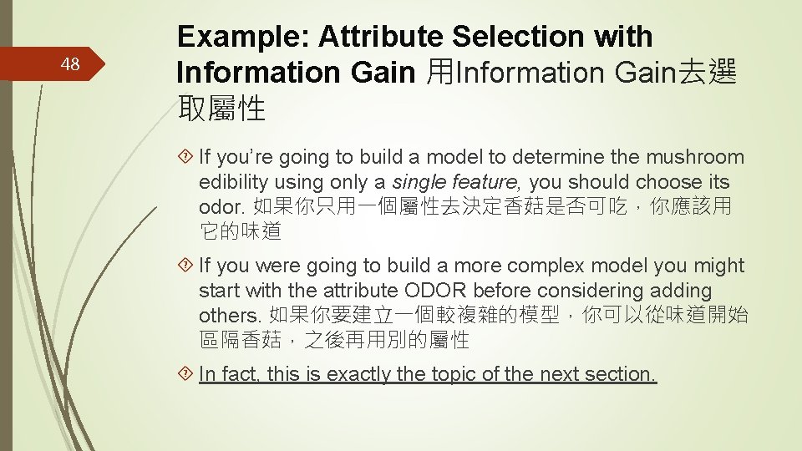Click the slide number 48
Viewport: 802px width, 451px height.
(71, 64)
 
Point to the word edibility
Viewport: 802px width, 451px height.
(235, 182)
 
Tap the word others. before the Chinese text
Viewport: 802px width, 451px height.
(231, 317)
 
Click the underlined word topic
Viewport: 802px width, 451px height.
(455, 374)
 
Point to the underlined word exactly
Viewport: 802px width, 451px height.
(359, 374)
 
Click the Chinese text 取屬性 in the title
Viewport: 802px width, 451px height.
(221, 108)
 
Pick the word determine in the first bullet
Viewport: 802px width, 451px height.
(556, 157)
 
